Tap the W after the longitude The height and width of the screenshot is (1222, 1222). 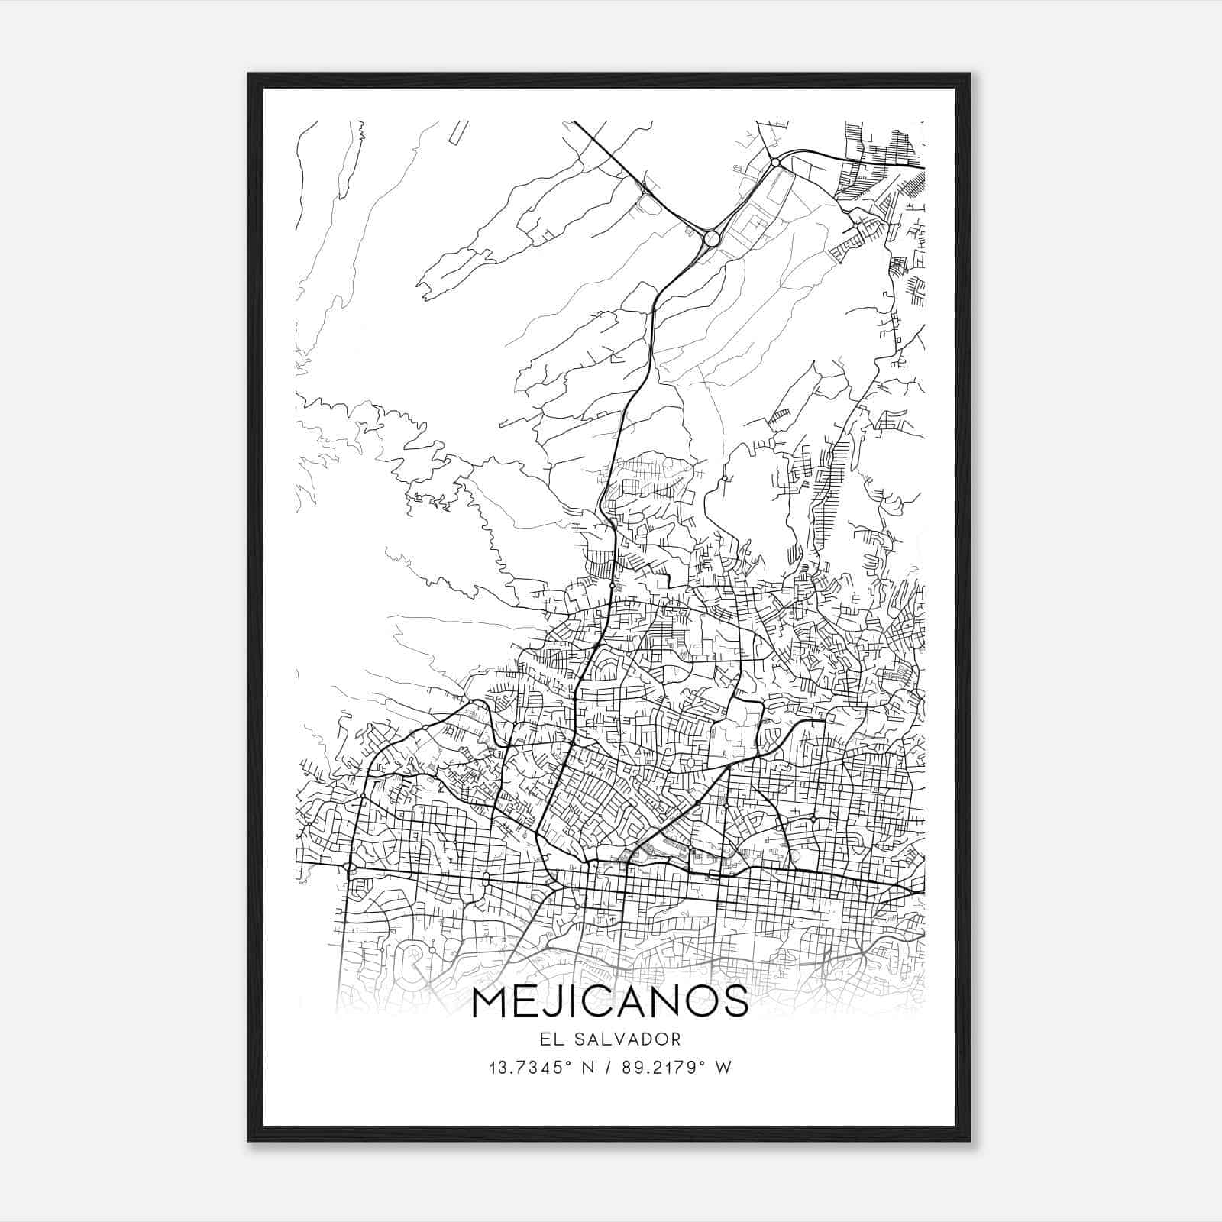pos(723,1068)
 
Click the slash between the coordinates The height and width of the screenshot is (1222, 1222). pos(608,1068)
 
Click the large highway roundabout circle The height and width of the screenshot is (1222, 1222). pos(712,238)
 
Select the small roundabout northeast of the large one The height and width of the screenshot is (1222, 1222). pos(775,162)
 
